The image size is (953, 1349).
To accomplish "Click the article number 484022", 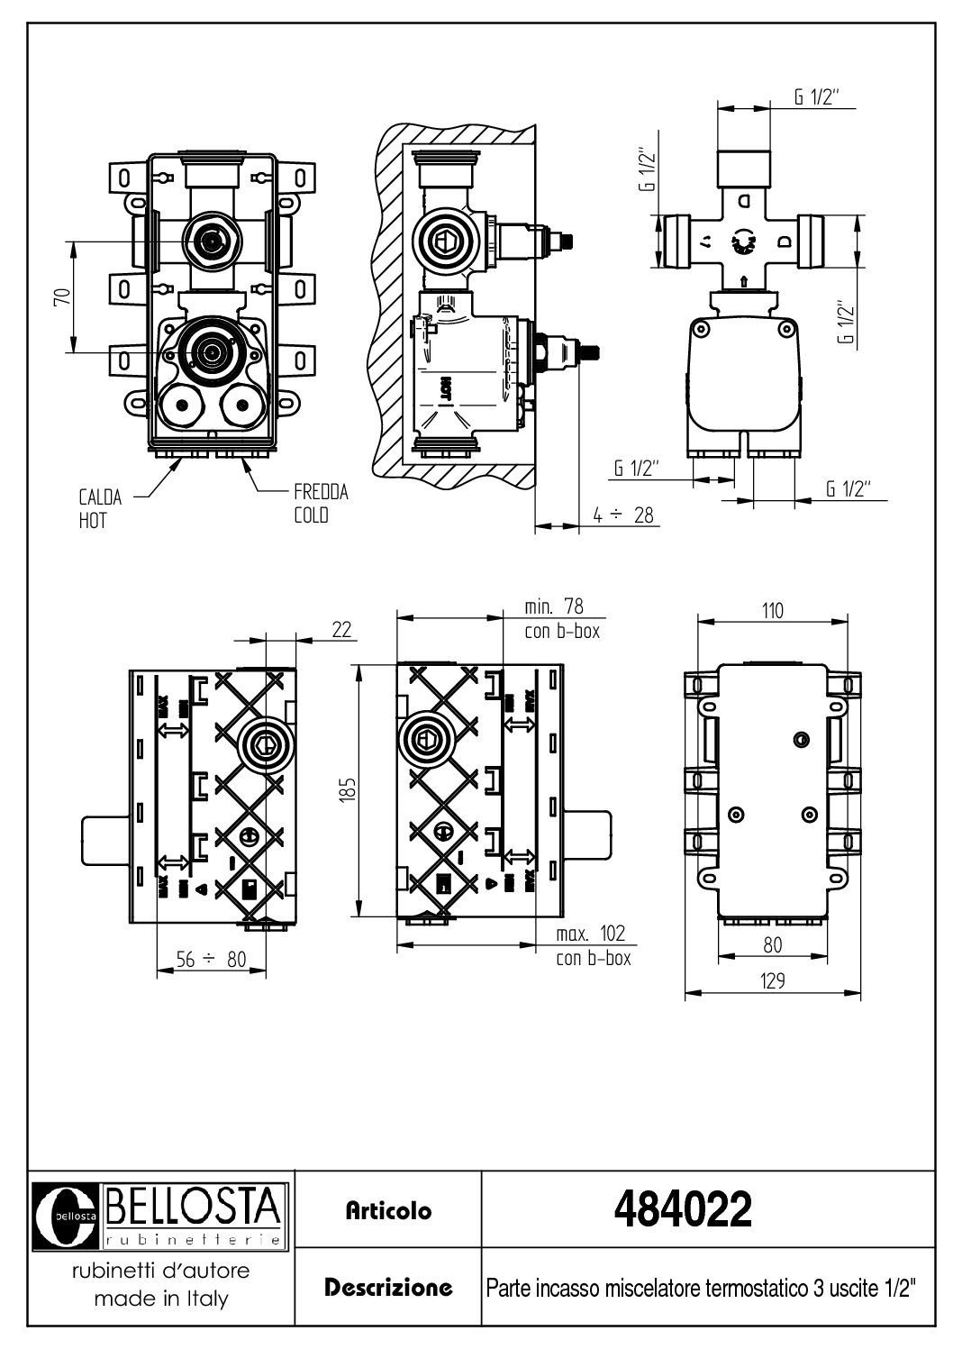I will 682,1209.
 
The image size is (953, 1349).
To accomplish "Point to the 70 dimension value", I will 60,297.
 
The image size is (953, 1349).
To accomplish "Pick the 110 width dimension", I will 773,610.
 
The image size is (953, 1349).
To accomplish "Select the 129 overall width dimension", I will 773,980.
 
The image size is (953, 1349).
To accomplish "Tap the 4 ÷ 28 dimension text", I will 624,515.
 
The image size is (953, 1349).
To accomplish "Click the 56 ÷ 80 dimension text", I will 211,961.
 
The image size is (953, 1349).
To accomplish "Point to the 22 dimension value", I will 341,629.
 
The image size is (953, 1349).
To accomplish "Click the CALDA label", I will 100,497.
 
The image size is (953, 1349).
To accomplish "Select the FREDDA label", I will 321,492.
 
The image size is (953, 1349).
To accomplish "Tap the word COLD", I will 311,515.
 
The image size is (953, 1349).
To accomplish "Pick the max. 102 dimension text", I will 590,934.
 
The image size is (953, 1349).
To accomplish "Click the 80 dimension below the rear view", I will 773,945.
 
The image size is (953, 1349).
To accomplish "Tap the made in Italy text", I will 161,1299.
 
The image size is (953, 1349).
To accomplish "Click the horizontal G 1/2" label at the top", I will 817,98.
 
